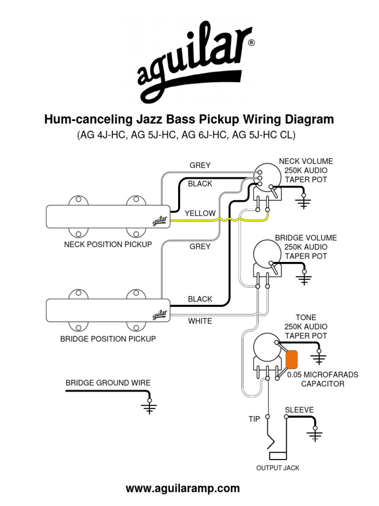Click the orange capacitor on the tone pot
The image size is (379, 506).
291,359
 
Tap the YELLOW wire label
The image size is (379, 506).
200,213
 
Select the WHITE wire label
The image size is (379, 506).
200,321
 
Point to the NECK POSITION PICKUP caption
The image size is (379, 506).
108,244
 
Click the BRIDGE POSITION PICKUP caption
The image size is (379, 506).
108,339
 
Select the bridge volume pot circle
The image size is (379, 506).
266,255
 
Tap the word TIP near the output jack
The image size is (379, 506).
254,419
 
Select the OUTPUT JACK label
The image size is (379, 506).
277,467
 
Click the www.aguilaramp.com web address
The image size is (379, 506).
183,489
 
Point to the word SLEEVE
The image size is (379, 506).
299,410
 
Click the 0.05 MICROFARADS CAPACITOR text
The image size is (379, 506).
323,379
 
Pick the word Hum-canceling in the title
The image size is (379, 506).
86,119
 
